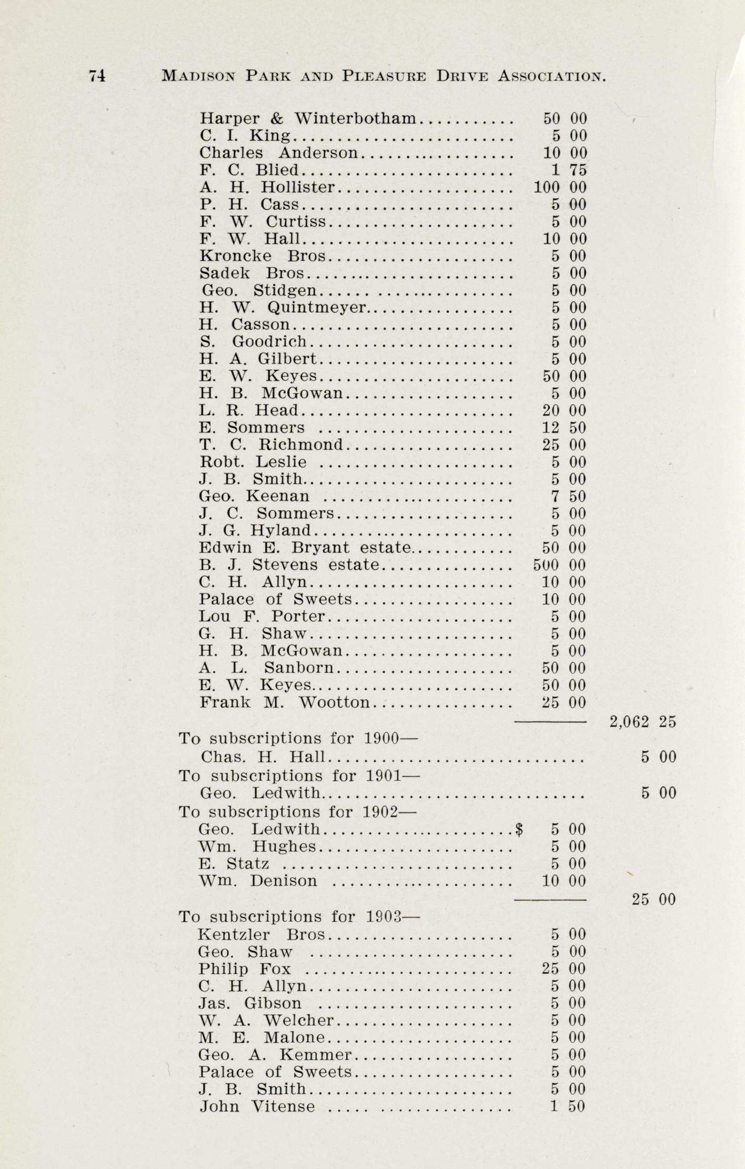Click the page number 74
click(x=97, y=76)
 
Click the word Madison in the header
click(x=198, y=76)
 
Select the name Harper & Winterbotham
click(x=308, y=118)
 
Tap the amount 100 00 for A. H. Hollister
click(x=560, y=187)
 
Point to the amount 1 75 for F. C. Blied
click(x=569, y=170)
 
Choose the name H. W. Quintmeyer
click(x=283, y=307)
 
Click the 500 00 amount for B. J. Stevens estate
click(x=559, y=565)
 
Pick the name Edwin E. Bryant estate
click(x=305, y=548)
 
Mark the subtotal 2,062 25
click(x=642, y=722)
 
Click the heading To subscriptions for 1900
click(x=298, y=739)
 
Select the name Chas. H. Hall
click(x=263, y=757)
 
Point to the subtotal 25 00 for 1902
click(x=653, y=899)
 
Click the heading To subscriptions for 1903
click(x=299, y=916)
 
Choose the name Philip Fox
click(x=244, y=969)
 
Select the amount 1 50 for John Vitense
click(x=568, y=1106)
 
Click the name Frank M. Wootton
click(x=285, y=702)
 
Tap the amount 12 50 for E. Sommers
click(x=564, y=428)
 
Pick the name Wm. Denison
click(x=258, y=881)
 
